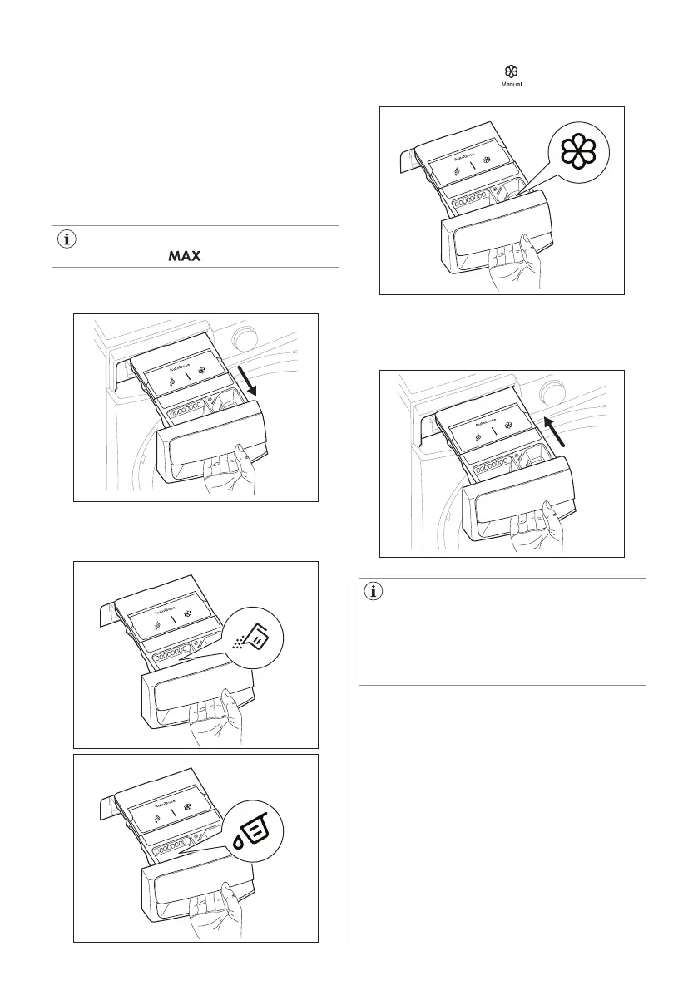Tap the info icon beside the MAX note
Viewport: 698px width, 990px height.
pyautogui.click(x=67, y=239)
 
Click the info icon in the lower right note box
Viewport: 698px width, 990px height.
pyautogui.click(x=374, y=593)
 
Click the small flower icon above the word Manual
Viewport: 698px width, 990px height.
pyautogui.click(x=511, y=72)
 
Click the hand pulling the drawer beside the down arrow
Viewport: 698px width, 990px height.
pyautogui.click(x=239, y=470)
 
